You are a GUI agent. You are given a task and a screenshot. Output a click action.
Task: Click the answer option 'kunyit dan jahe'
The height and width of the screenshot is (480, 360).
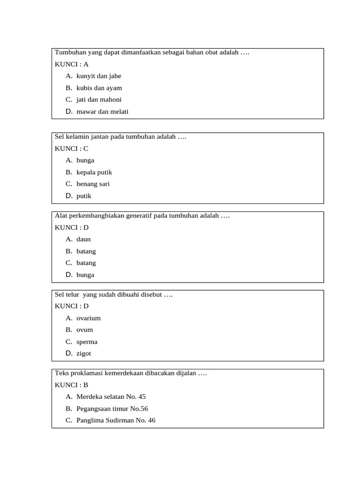click(x=98, y=76)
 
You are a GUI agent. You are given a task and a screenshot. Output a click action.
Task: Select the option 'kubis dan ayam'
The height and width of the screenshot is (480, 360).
click(x=99, y=88)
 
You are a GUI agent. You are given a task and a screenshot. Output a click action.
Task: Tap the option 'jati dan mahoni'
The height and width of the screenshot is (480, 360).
click(x=99, y=99)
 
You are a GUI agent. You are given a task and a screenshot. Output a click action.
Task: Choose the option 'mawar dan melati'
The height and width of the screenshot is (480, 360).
click(x=102, y=112)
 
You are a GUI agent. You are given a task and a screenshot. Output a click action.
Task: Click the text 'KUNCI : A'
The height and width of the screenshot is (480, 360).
click(x=72, y=64)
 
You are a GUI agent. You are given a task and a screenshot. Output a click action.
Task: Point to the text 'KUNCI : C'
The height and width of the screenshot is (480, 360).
click(x=72, y=149)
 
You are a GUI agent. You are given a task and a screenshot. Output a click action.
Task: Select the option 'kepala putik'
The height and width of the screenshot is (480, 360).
click(x=94, y=172)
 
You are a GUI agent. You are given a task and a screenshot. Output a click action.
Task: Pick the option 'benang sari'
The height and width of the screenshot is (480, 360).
click(x=93, y=184)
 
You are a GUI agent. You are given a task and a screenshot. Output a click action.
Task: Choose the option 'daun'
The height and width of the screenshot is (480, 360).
click(x=83, y=239)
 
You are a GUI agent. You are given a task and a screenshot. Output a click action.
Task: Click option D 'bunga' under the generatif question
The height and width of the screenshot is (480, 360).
click(x=85, y=275)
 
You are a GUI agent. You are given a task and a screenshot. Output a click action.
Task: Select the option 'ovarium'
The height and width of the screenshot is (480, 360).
click(x=89, y=318)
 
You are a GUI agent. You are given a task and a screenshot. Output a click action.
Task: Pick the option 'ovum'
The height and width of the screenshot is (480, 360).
click(x=85, y=330)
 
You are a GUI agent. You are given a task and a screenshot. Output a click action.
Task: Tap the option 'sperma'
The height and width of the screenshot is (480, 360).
click(x=87, y=342)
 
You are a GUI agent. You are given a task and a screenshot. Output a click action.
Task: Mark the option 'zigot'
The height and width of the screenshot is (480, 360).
click(x=84, y=353)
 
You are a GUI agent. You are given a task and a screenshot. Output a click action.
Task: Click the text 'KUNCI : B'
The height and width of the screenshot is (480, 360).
click(x=72, y=385)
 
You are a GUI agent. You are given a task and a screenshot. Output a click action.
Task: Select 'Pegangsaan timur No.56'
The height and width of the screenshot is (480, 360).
click(x=112, y=408)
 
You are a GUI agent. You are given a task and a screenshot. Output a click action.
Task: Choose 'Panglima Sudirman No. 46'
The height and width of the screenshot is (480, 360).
click(x=116, y=420)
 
